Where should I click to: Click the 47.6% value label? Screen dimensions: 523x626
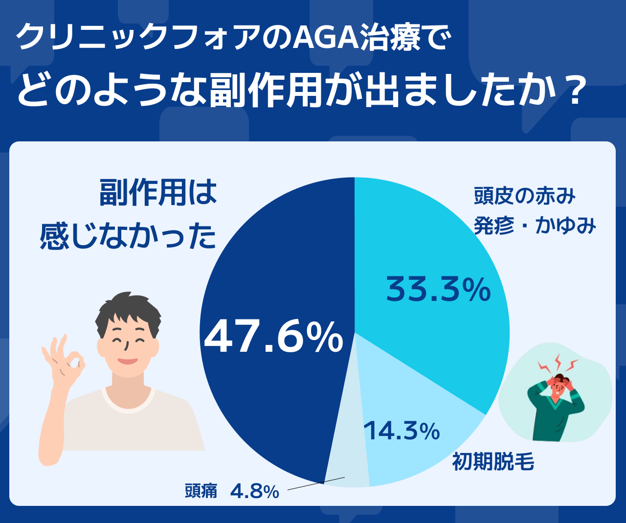273,337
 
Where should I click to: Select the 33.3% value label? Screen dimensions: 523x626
438,289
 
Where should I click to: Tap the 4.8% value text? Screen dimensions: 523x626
254,491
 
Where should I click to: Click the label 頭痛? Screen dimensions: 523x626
201,491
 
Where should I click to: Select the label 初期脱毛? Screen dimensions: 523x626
493,461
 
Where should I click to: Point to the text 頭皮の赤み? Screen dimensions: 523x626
524,196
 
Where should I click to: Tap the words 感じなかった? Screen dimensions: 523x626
128,236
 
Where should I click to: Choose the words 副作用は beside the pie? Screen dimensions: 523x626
158,192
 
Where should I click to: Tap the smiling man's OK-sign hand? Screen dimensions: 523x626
64,362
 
